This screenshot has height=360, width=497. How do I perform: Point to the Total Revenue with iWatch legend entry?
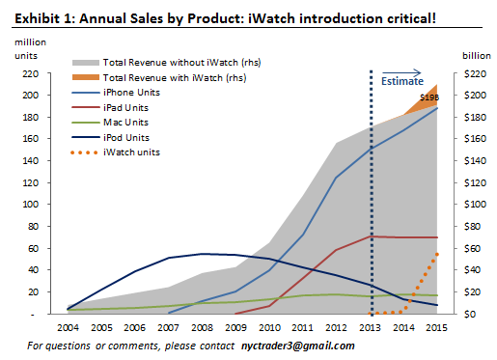(174, 76)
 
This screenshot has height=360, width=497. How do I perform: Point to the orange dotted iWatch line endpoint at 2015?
(437, 254)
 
